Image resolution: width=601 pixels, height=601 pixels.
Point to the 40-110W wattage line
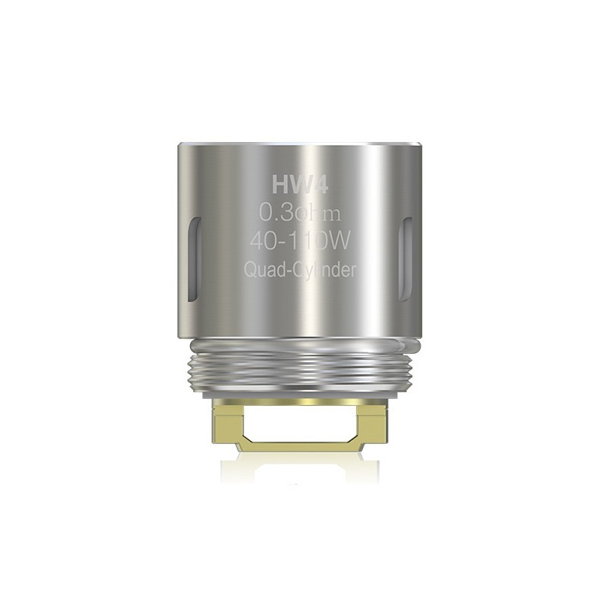pyautogui.click(x=300, y=244)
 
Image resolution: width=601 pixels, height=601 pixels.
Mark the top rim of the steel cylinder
pyautogui.click(x=300, y=143)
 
